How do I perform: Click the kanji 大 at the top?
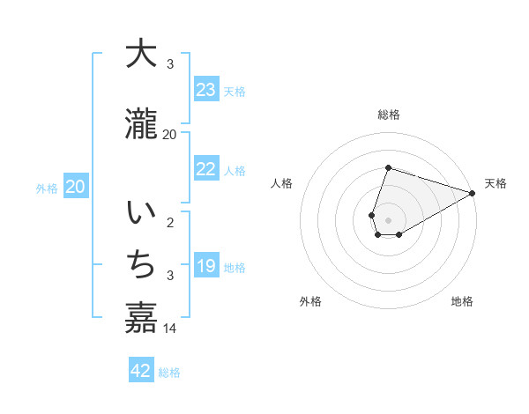tap(141, 54)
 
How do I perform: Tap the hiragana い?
tap(141, 214)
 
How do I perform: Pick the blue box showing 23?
tap(206, 90)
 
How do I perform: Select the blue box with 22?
tap(206, 170)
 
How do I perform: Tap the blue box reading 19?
tap(206, 266)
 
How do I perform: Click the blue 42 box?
tap(141, 371)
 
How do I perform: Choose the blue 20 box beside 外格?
tap(76, 187)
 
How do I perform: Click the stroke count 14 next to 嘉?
tap(170, 329)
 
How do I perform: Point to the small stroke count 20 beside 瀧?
tap(170, 135)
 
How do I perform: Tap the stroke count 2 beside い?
tap(170, 222)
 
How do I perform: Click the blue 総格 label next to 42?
tap(169, 373)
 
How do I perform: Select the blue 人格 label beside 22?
tap(235, 171)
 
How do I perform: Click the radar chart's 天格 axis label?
tap(495, 183)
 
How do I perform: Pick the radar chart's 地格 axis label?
tap(462, 301)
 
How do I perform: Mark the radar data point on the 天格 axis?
tap(473, 193)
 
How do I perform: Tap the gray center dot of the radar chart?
tap(388, 219)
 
